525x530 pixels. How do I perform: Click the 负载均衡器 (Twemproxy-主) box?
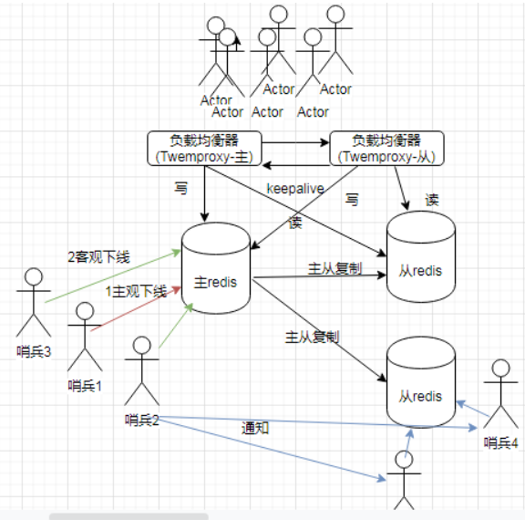[205, 149]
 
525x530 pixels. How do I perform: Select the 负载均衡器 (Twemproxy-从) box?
[386, 149]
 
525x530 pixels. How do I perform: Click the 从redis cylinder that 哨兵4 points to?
[420, 382]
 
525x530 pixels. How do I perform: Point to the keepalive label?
[295, 188]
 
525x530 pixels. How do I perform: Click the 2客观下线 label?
[98, 257]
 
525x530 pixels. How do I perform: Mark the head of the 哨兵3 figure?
[35, 276]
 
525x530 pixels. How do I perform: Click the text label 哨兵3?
[34, 349]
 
